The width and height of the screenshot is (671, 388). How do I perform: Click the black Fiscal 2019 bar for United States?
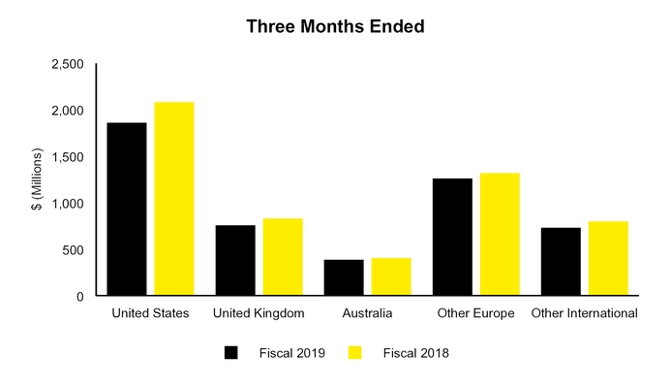point(127,210)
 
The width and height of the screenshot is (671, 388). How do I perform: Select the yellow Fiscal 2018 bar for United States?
point(174,199)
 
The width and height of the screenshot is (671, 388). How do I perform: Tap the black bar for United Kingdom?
point(235,261)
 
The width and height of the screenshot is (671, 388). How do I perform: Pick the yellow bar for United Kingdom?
point(283,257)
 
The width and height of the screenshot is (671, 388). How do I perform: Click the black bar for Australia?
point(344,278)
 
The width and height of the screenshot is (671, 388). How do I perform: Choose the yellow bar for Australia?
point(391,277)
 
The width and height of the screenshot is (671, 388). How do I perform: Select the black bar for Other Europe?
point(452,238)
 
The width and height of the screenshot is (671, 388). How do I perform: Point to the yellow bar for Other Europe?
point(500,235)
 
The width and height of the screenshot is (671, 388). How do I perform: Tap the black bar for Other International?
point(562,262)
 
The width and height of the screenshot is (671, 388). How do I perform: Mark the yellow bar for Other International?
point(609,259)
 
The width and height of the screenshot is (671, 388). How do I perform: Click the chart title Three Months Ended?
point(335,26)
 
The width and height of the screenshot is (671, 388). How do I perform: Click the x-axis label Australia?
point(368,313)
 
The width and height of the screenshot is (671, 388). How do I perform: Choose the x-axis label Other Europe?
point(476,313)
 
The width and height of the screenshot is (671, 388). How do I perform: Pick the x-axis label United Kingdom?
point(259,313)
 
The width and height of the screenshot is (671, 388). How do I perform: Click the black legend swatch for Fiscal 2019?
point(231,353)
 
